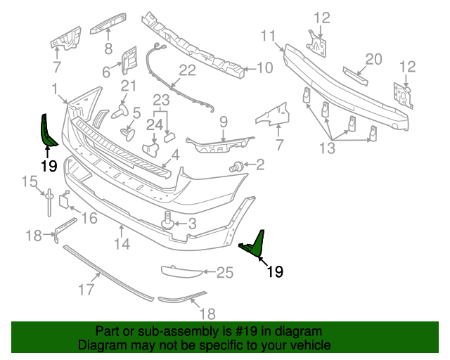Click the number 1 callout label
(x=55, y=89)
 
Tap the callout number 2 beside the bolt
(x=260, y=165)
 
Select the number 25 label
(x=224, y=272)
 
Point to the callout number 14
(x=122, y=244)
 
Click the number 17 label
(x=86, y=288)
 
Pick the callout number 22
(x=187, y=70)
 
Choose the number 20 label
(x=373, y=59)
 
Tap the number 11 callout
(x=268, y=36)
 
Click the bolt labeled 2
(x=238, y=166)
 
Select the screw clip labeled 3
(x=169, y=221)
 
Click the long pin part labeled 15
(x=51, y=204)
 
